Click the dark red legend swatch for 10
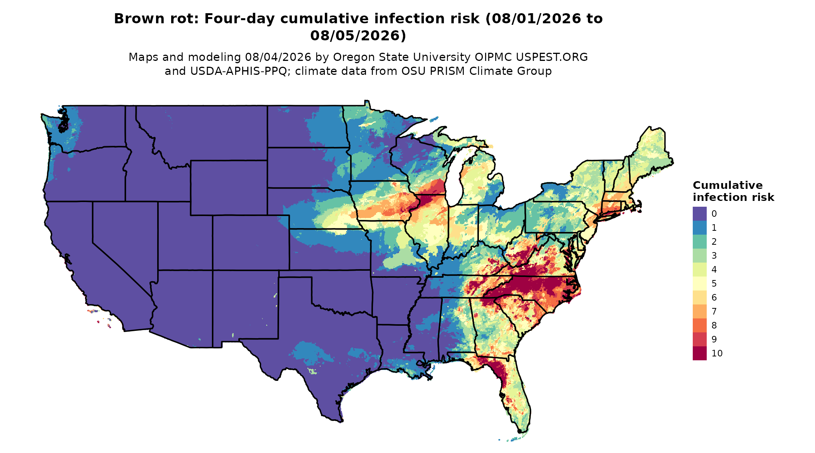tap(699, 353)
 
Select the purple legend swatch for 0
tap(699, 214)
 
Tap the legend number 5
tap(714, 284)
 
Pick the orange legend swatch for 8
tap(699, 325)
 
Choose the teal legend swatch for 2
tap(699, 242)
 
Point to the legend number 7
tap(714, 311)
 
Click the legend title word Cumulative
tap(728, 185)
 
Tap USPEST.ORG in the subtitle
tap(551, 57)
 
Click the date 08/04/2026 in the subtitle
tap(278, 57)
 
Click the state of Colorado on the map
tap(251, 242)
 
